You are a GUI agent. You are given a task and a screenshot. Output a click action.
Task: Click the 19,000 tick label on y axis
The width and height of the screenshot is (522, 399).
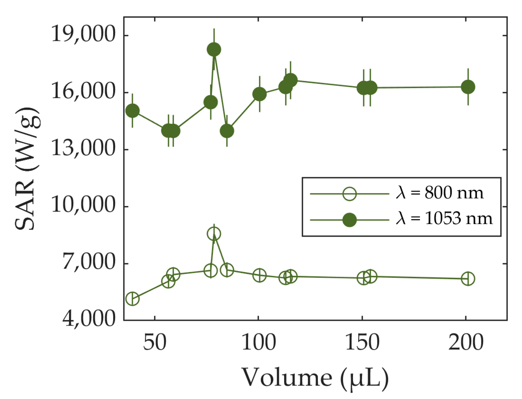(83, 34)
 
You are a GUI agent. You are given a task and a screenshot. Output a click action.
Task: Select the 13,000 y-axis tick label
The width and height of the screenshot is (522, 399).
(83, 148)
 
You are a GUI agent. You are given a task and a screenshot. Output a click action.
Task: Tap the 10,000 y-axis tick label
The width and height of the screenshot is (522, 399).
(83, 205)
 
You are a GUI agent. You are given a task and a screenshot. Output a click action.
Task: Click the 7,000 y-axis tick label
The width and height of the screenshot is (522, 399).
(88, 263)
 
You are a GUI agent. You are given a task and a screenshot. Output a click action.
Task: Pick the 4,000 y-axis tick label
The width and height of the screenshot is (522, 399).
(88, 319)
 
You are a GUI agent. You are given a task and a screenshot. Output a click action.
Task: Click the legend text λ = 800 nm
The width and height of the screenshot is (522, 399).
(440, 193)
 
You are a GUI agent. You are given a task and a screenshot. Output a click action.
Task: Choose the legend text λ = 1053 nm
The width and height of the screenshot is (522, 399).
(444, 219)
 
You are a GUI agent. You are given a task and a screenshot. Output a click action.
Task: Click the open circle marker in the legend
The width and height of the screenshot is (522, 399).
(350, 193)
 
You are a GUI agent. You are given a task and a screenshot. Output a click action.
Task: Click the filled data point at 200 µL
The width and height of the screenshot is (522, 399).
(468, 87)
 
